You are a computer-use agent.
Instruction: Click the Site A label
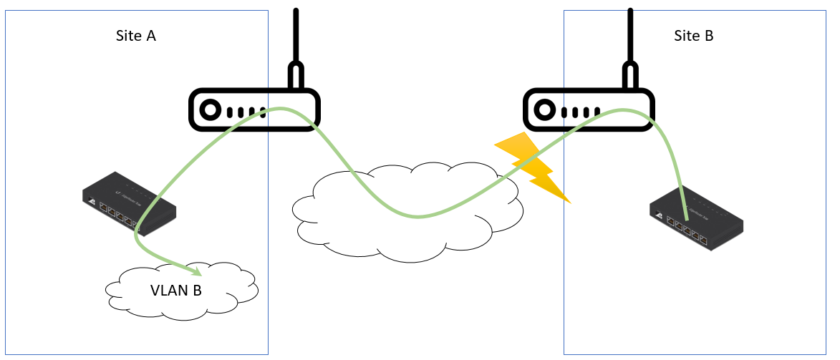[135, 36]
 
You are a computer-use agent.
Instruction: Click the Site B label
[693, 36]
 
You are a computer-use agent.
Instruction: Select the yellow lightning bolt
[534, 166]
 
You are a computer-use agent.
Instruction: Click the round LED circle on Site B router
[544, 111]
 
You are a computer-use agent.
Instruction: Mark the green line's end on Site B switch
[686, 218]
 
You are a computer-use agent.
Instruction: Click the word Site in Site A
[126, 36]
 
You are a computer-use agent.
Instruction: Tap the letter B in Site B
[709, 36]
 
